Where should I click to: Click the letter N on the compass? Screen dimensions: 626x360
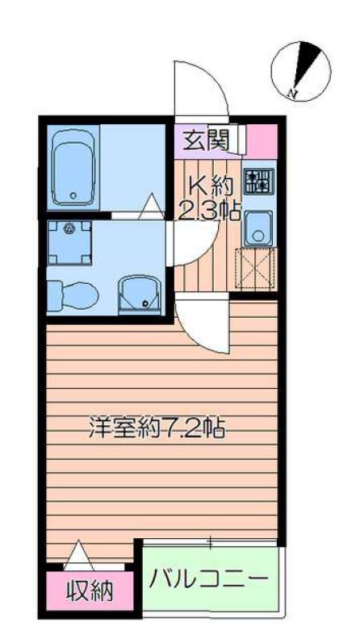click(291, 94)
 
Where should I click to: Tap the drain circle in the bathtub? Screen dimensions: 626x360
click(74, 194)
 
